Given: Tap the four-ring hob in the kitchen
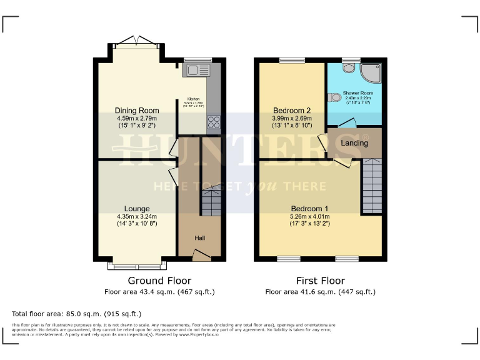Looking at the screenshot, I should pyautogui.click(x=213, y=122).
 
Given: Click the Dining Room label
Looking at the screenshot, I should pyautogui.click(x=136, y=111).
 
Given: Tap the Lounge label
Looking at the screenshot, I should pyautogui.click(x=136, y=209).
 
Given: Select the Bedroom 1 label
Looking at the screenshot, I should pyautogui.click(x=309, y=209).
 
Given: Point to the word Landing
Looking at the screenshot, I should pyautogui.click(x=354, y=143).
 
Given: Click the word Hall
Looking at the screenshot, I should pyautogui.click(x=199, y=238).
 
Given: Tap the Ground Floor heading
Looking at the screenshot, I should pyautogui.click(x=159, y=281).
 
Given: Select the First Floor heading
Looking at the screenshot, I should pyautogui.click(x=321, y=281).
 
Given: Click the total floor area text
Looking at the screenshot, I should pyautogui.click(x=77, y=313).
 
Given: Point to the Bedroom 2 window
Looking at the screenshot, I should pyautogui.click(x=292, y=60).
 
